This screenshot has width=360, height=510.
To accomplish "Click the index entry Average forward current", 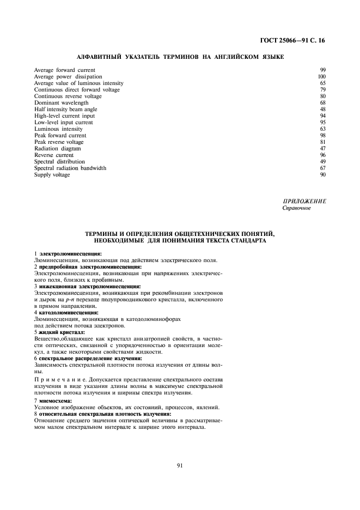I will click(64, 70).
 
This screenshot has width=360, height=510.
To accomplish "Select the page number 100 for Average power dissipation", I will click(321, 77).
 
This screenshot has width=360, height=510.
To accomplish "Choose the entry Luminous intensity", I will click(58, 129).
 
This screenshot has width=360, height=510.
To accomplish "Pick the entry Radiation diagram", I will click(57, 149).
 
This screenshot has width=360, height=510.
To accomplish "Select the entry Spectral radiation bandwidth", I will click(70, 168).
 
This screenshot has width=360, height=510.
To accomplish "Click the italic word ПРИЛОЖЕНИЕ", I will click(304, 202).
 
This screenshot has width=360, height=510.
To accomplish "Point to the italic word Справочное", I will click(297, 208).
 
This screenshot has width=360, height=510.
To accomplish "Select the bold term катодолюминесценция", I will click(69, 313).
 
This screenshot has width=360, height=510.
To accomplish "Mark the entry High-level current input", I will click(64, 116).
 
